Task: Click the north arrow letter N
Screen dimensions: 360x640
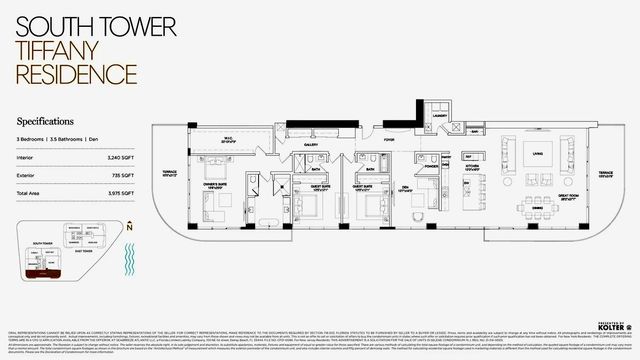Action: click(x=131, y=228)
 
